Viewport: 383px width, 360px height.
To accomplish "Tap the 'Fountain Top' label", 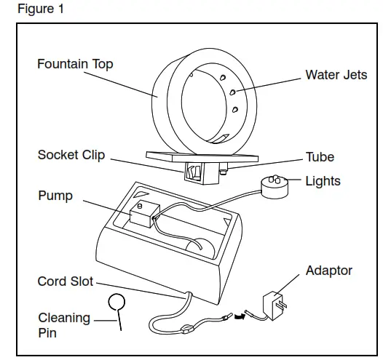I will (x=75, y=64).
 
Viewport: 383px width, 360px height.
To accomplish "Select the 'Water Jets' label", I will (x=336, y=75).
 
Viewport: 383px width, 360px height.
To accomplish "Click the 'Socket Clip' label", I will (x=71, y=155).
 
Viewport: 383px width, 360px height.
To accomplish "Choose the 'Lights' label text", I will (x=323, y=180).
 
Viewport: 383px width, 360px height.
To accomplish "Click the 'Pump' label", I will (x=55, y=196).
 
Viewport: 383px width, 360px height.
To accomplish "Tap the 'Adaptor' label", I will (x=328, y=271).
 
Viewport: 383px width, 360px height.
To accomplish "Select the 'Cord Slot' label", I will (x=66, y=281).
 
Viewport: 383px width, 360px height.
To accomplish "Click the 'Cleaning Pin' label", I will (x=64, y=325).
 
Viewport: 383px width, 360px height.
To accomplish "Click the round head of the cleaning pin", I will (x=117, y=301).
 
